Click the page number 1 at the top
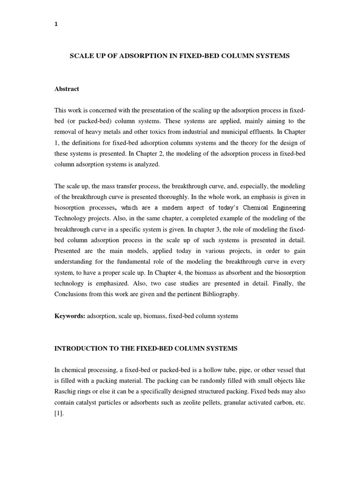coord(56,25)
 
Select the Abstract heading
coord(67,89)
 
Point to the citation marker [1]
coord(60,414)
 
